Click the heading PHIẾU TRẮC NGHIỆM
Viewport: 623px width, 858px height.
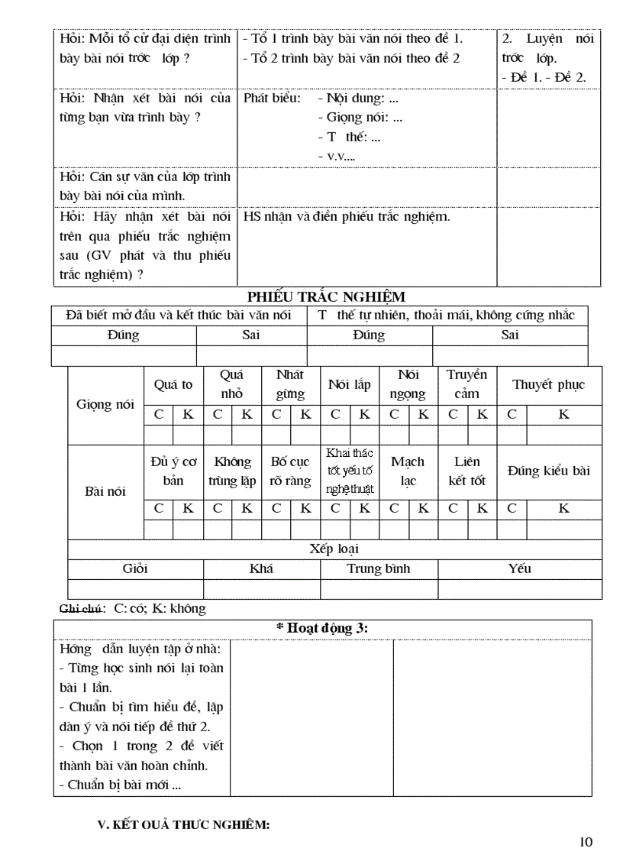(x=326, y=296)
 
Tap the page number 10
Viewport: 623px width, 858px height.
(x=586, y=842)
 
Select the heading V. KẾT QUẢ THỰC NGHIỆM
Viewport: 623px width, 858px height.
(x=184, y=825)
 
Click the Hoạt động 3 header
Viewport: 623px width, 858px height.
(x=321, y=627)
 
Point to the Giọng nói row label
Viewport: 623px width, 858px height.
(x=105, y=405)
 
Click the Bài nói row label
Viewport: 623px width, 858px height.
(x=105, y=491)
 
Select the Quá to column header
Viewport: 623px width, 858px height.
(x=173, y=384)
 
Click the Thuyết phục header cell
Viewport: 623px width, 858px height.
(x=548, y=384)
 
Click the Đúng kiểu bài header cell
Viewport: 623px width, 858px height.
(x=548, y=471)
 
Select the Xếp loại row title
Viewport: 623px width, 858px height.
(x=334, y=549)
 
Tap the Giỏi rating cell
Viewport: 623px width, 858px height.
(x=135, y=568)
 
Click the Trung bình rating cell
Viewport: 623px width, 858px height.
(x=379, y=568)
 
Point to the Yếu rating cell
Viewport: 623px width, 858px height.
(x=519, y=568)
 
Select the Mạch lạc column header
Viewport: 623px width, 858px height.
(x=408, y=471)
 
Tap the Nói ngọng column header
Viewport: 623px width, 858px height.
(x=408, y=384)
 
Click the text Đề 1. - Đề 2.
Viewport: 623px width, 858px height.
(x=544, y=78)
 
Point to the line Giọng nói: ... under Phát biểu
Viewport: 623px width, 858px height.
(x=360, y=118)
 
